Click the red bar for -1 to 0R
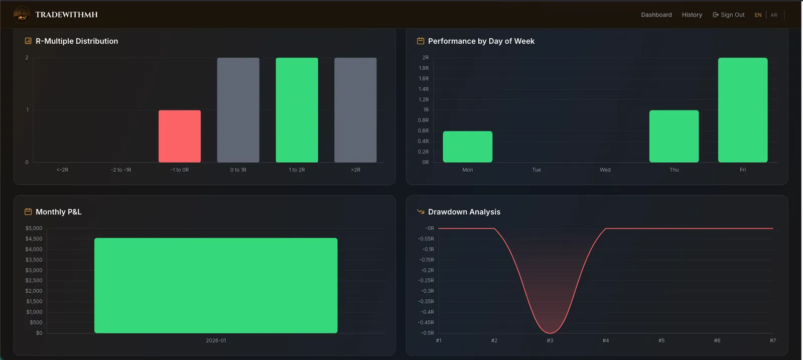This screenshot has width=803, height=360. pyautogui.click(x=180, y=136)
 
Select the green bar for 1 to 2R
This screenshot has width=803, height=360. pyautogui.click(x=297, y=110)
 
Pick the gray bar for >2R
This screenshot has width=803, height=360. pyautogui.click(x=355, y=110)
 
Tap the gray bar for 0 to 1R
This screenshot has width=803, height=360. pyautogui.click(x=238, y=110)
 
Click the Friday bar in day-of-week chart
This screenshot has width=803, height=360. pyautogui.click(x=743, y=110)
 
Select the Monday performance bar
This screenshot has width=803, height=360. pyautogui.click(x=467, y=147)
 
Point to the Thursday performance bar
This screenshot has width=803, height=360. pyautogui.click(x=674, y=136)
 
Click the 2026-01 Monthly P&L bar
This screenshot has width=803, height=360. pyautogui.click(x=216, y=285)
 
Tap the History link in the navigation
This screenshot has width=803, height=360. pyautogui.click(x=692, y=15)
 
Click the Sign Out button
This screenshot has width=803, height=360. pyautogui.click(x=728, y=15)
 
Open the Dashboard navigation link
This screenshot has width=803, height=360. pyautogui.click(x=656, y=15)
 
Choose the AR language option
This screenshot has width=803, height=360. pyautogui.click(x=774, y=15)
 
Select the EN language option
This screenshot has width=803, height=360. pyautogui.click(x=758, y=15)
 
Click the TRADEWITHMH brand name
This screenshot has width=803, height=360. pyautogui.click(x=66, y=15)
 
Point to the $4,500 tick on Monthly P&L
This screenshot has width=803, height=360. pyautogui.click(x=34, y=239)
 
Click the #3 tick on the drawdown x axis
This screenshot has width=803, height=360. pyautogui.click(x=550, y=340)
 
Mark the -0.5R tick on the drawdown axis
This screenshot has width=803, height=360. pyautogui.click(x=427, y=333)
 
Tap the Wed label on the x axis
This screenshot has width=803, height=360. pyautogui.click(x=605, y=170)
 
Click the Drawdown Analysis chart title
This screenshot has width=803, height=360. pyautogui.click(x=464, y=212)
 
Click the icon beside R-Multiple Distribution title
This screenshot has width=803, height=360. pyautogui.click(x=28, y=41)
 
